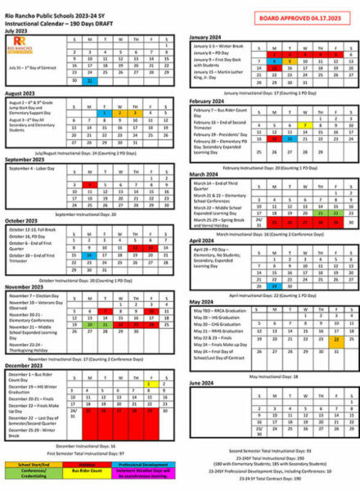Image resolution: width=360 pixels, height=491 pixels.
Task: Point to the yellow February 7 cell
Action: click(x=304, y=125)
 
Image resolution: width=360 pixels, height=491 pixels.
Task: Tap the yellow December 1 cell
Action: click(x=148, y=383)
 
